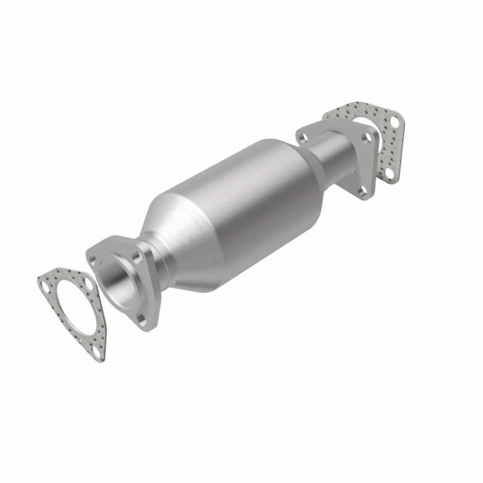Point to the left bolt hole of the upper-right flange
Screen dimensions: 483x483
[303, 136]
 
